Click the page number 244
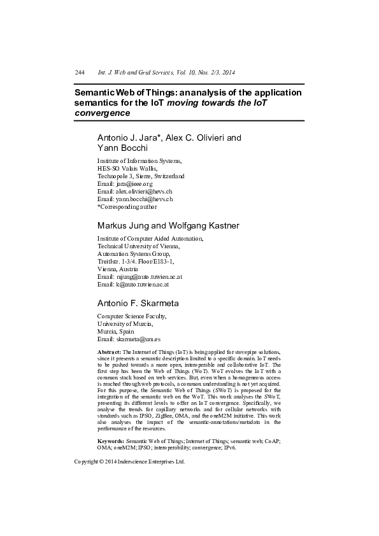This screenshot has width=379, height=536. click(x=80, y=73)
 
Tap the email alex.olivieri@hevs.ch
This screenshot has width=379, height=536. click(x=144, y=191)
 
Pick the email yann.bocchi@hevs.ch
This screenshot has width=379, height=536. click(x=144, y=199)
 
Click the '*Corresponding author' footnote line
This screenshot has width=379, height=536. click(x=127, y=206)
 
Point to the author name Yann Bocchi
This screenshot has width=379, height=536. click(x=122, y=148)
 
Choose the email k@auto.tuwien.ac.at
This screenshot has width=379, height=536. click(x=143, y=285)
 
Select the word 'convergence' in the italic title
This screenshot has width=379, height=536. click(x=102, y=113)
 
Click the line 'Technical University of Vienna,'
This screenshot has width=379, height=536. click(x=138, y=246)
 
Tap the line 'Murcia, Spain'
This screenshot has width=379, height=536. click(x=115, y=332)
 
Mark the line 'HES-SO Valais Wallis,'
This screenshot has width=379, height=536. click(x=127, y=168)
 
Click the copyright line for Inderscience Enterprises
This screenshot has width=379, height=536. click(x=129, y=462)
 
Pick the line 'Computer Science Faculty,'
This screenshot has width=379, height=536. click(x=131, y=316)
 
